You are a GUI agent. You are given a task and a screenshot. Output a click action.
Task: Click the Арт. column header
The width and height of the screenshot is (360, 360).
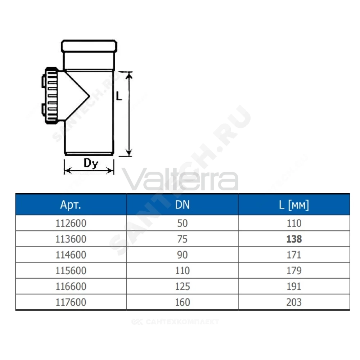[x=71, y=204]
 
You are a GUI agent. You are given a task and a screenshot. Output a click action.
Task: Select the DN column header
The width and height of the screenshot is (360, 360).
[x=182, y=204]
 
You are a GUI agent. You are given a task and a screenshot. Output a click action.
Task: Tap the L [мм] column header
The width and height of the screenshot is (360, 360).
[x=294, y=204]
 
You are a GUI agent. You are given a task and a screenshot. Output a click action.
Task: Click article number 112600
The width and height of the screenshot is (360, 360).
[x=71, y=223]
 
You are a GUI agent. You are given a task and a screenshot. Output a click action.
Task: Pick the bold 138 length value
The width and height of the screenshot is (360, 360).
[x=294, y=239]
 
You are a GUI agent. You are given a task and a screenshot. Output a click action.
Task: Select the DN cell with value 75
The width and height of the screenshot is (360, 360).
[x=182, y=239]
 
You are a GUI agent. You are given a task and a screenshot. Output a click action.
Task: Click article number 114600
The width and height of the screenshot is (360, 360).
[x=71, y=255]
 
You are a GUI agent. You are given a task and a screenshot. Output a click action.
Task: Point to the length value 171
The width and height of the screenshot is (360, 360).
[x=294, y=255]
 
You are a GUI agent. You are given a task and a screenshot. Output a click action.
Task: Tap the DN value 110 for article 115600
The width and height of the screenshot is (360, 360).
[x=182, y=271]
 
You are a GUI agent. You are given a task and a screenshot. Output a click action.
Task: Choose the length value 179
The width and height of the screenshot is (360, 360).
[x=294, y=271]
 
